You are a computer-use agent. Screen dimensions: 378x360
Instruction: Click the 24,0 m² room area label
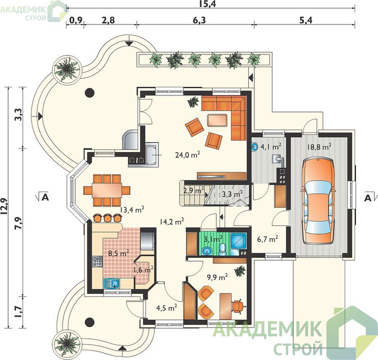click(x=188, y=154)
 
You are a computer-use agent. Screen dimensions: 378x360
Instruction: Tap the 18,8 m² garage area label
click(x=319, y=147)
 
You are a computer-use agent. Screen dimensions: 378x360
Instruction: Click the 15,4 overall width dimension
click(x=205, y=4)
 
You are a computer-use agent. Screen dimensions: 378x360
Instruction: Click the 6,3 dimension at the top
click(x=199, y=20)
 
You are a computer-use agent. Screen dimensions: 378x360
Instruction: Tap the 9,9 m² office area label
click(x=217, y=277)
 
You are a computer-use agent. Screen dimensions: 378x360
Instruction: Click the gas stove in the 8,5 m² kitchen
click(x=97, y=261)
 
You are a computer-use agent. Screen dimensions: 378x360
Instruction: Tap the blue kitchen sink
click(x=112, y=283)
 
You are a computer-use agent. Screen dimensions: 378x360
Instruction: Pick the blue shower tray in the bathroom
click(x=238, y=241)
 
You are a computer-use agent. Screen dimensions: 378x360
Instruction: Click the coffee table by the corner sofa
click(x=217, y=121)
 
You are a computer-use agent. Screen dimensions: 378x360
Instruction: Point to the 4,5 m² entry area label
click(x=167, y=308)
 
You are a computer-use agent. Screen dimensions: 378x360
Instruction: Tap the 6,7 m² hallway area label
click(x=268, y=239)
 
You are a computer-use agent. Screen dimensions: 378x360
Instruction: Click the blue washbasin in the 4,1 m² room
click(x=254, y=146)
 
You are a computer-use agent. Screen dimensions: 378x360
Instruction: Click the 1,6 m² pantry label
click(x=144, y=270)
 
